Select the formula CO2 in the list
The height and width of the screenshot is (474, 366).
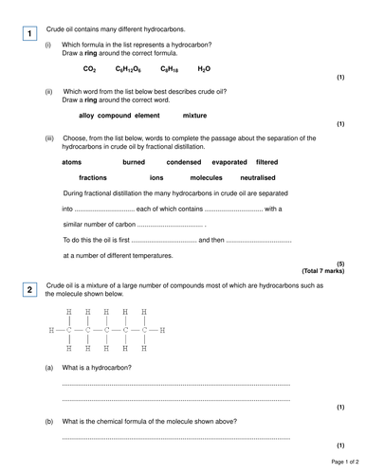(x=90, y=69)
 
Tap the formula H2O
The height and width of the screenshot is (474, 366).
(x=204, y=69)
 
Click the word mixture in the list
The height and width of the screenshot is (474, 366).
(x=194, y=115)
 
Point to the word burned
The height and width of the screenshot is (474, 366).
(x=134, y=162)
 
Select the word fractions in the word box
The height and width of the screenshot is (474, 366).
(x=93, y=177)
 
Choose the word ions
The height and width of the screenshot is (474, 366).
(x=156, y=177)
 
